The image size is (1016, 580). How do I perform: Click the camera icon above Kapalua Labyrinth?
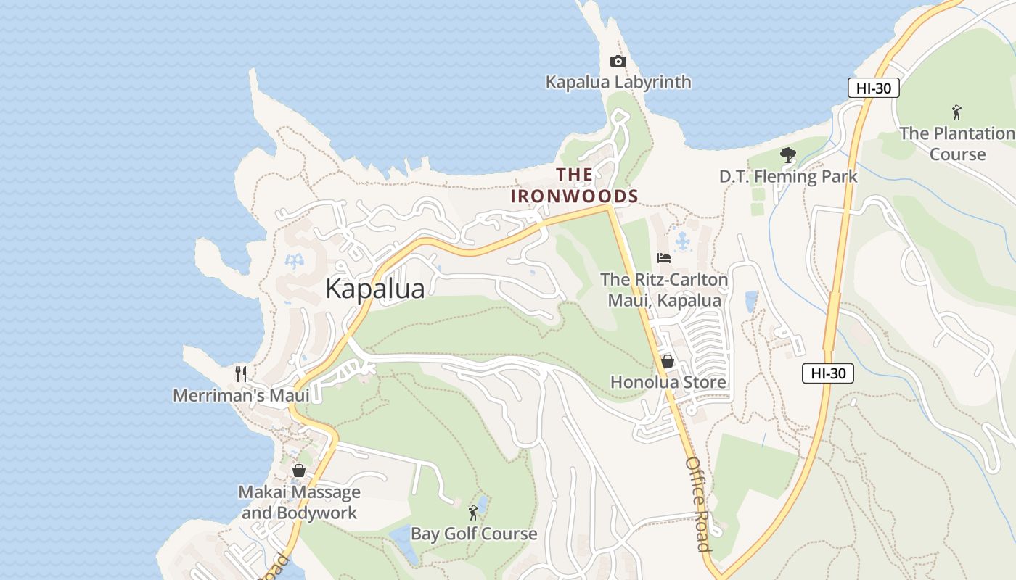[x=618, y=62]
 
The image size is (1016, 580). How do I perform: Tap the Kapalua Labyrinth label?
[x=618, y=82]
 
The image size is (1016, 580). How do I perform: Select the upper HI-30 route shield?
[x=874, y=88]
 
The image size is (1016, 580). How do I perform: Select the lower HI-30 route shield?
[x=827, y=373]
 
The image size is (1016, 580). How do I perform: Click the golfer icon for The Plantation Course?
[x=956, y=113]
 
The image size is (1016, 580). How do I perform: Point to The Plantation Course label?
[x=957, y=144]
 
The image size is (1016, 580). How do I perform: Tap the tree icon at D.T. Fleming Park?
[x=787, y=155]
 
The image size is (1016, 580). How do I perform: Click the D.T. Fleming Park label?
[x=788, y=176]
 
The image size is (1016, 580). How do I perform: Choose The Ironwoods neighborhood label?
[x=575, y=186]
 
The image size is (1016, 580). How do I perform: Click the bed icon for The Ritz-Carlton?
[x=663, y=258]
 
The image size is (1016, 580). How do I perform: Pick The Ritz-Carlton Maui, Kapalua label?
[x=664, y=290]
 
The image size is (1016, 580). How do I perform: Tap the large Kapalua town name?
[x=374, y=289]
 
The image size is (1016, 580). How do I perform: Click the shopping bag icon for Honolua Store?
[x=668, y=361]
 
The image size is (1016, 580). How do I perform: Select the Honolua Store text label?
[x=668, y=382]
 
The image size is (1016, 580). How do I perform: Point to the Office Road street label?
[x=697, y=504]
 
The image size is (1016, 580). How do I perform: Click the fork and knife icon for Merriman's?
[x=241, y=374]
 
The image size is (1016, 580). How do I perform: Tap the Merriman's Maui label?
[x=241, y=395]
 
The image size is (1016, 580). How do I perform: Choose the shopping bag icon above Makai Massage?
[x=298, y=471]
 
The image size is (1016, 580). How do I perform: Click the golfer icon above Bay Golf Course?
[x=473, y=513]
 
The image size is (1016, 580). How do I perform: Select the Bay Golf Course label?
[x=474, y=534]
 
